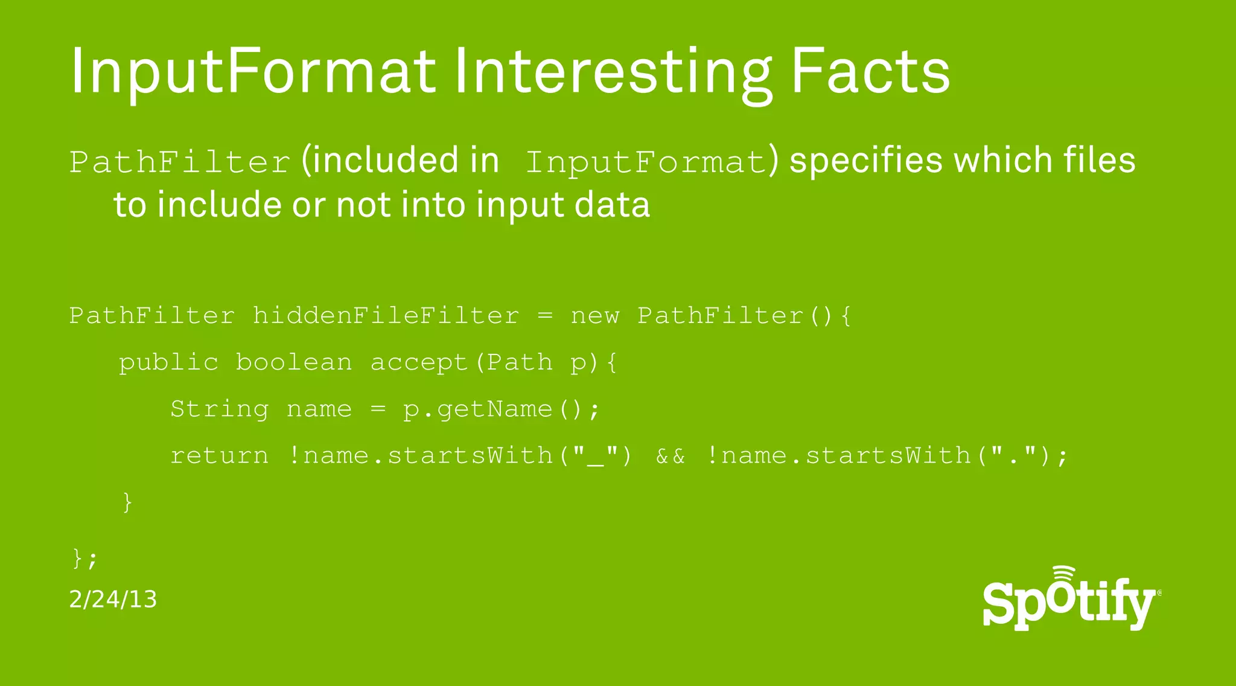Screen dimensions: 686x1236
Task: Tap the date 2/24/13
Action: (113, 600)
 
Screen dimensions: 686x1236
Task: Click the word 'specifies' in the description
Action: (866, 162)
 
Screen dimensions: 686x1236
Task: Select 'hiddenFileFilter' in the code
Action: (386, 316)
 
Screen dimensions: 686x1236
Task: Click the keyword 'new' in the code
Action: (595, 316)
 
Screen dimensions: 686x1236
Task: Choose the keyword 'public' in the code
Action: (168, 363)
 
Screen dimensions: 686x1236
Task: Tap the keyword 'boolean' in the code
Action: (294, 363)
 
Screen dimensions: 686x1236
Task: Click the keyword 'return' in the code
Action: (219, 456)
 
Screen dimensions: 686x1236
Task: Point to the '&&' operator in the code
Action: (671, 456)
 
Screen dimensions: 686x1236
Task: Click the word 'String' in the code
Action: (219, 409)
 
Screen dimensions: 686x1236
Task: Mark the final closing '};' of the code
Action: (84, 558)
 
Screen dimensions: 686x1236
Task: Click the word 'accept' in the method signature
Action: (419, 363)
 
